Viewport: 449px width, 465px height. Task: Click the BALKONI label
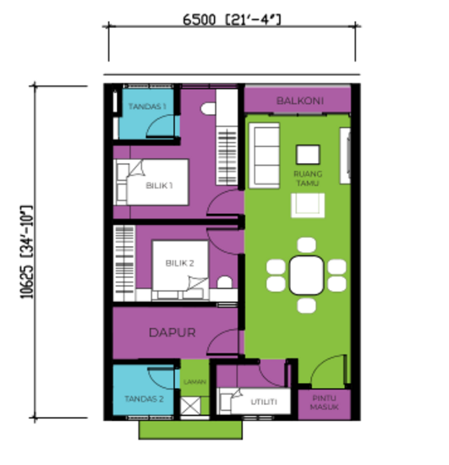[x=299, y=101]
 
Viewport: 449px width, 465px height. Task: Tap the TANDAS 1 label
[x=146, y=107]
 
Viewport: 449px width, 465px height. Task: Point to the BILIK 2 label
[x=179, y=264]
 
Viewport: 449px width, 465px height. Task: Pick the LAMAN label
[x=194, y=382]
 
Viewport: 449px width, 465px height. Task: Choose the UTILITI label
[x=264, y=401]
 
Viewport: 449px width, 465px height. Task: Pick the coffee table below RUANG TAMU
[x=308, y=205]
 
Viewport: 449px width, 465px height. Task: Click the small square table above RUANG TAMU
[x=307, y=154]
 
